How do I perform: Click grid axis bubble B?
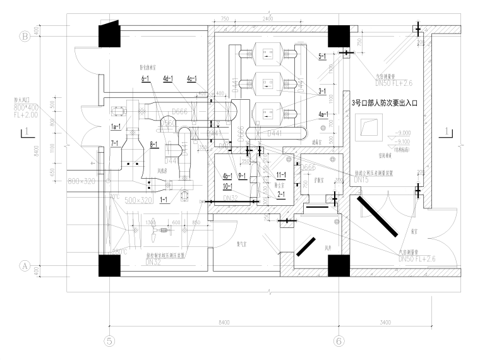26,37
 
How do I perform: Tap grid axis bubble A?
26,266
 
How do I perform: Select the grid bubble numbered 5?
110,342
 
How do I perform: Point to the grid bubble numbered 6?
339,342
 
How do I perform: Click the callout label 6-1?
145,79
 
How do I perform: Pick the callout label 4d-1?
168,79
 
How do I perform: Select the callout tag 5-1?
322,56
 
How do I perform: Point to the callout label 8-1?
155,145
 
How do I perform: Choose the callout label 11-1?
281,174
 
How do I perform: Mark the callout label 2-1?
281,195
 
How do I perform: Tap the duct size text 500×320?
138,200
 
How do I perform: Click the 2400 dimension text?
268,19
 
